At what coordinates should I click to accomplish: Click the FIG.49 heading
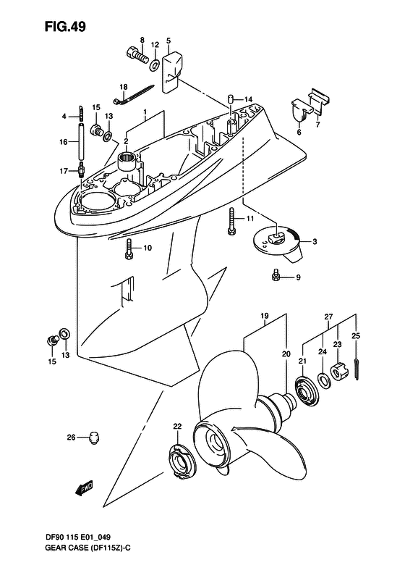coord(65,26)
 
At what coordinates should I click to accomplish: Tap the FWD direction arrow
coord(85,488)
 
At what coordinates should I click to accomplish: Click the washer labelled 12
coord(154,65)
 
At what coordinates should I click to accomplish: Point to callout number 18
coord(124,87)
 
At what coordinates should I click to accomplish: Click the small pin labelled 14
coord(231,99)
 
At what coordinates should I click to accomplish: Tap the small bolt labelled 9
coord(276,277)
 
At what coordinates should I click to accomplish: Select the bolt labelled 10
coord(128,250)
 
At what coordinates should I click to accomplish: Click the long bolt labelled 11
coord(231,221)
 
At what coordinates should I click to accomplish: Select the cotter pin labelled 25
coord(357,370)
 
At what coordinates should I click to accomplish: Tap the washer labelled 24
coord(323,380)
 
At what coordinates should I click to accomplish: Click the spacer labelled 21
coord(307,390)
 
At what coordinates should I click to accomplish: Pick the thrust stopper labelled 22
coord(182,462)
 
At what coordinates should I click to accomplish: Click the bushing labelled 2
coord(128,161)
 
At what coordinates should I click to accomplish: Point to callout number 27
coord(328,317)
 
